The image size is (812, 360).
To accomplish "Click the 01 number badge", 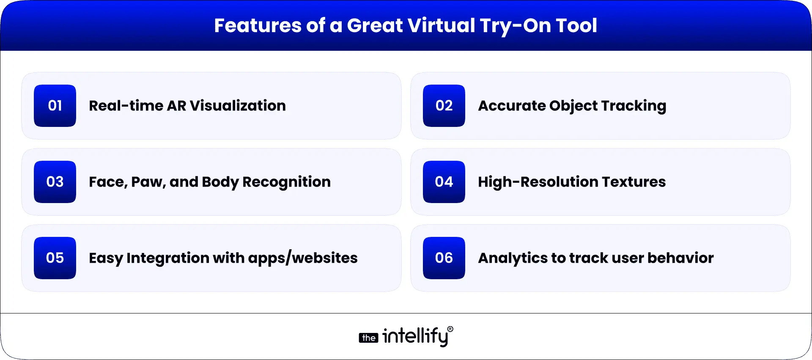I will (x=55, y=106).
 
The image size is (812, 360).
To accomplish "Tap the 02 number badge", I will (x=444, y=106).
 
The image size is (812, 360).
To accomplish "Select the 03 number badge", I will (x=55, y=182).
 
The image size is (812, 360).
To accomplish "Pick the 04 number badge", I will (x=444, y=182).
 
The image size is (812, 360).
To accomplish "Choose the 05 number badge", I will (x=55, y=258).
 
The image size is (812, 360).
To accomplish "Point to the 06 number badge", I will (x=444, y=258).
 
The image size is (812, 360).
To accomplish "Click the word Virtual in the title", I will (x=442, y=25).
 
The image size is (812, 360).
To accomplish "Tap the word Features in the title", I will (x=258, y=25).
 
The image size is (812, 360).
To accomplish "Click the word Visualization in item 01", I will (x=238, y=106).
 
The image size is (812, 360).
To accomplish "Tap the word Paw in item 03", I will (x=148, y=182).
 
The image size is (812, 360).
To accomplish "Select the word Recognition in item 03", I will (x=286, y=182).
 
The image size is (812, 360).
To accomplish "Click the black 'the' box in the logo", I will (x=368, y=338).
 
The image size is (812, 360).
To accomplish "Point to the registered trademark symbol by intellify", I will (x=450, y=329).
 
